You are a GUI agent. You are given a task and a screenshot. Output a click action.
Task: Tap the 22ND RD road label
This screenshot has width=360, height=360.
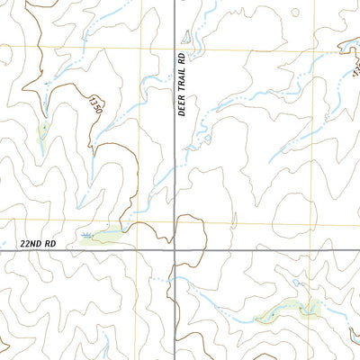[x=36, y=244]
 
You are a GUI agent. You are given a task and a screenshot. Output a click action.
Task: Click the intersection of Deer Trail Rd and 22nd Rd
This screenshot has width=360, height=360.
[x=175, y=251]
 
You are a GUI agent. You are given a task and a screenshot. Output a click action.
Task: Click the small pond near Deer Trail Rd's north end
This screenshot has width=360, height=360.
[x=186, y=37]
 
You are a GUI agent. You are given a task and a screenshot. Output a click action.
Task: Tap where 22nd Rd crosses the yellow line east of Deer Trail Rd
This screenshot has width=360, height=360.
[x=319, y=251]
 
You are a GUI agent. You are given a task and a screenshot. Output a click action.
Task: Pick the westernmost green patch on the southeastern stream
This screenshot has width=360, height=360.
[x=269, y=315]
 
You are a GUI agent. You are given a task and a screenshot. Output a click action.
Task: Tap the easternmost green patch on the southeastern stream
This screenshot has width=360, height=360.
[x=311, y=311]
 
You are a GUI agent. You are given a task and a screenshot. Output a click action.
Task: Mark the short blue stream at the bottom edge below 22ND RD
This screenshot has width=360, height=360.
[x=105, y=346]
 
